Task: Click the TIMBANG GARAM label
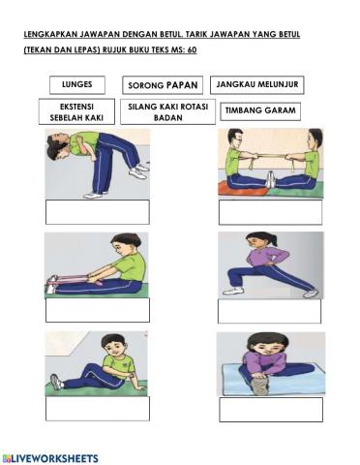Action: (x=259, y=111)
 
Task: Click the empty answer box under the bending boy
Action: (x=97, y=211)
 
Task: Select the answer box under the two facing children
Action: (x=270, y=212)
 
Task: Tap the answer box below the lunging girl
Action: (x=268, y=311)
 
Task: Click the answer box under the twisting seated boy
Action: (x=97, y=408)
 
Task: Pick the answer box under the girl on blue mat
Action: (x=270, y=409)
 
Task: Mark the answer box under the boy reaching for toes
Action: (x=97, y=310)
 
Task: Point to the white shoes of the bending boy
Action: (x=138, y=173)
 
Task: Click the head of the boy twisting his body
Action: (x=114, y=344)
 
